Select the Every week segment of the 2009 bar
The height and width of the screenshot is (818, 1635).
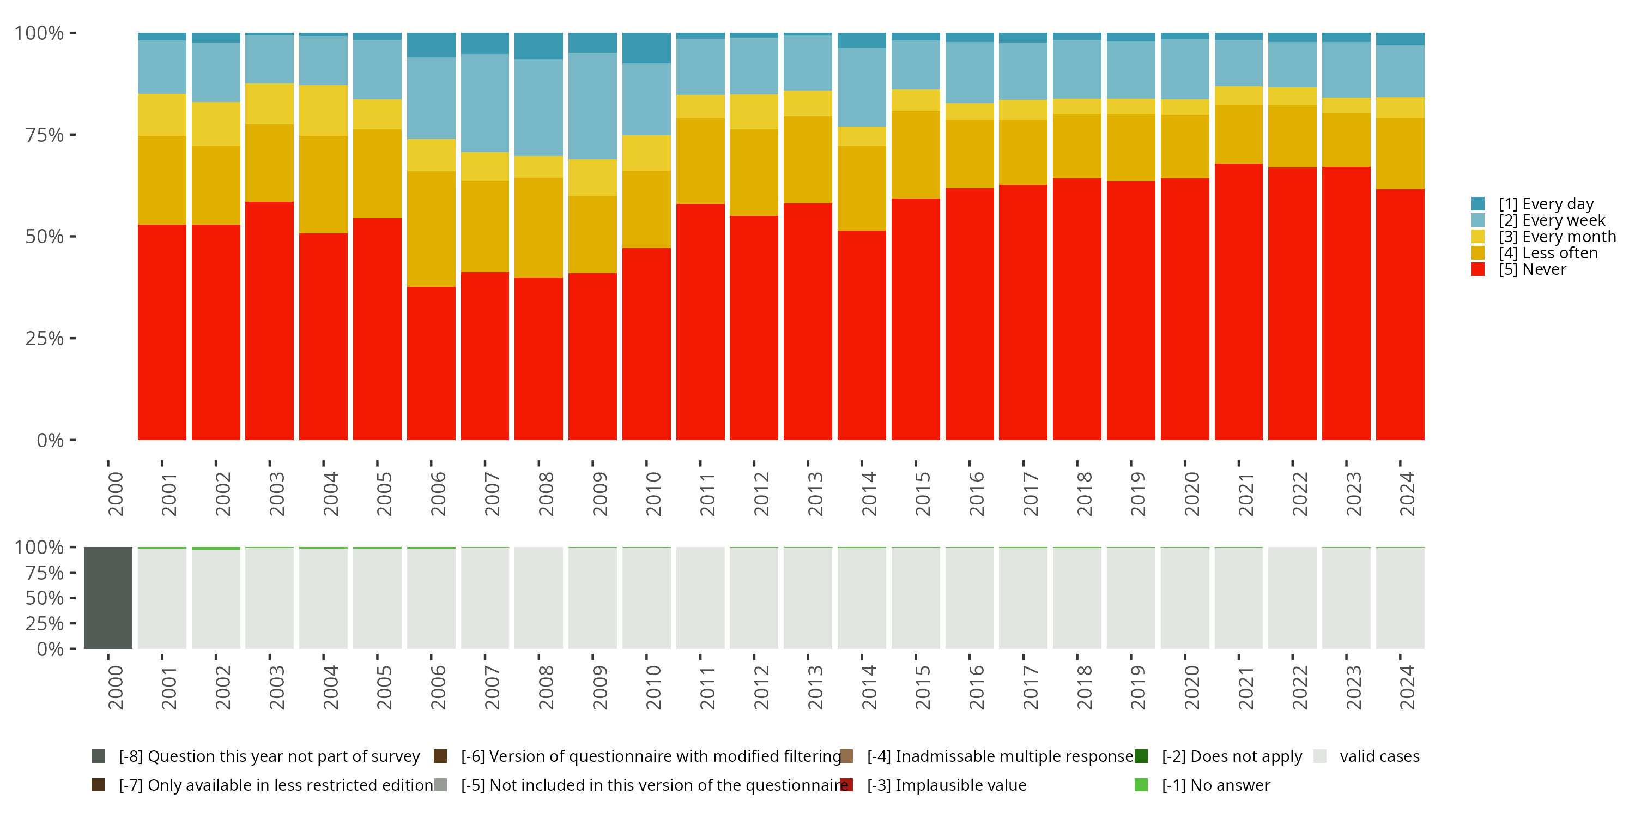592,106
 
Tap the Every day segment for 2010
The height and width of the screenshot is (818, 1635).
646,47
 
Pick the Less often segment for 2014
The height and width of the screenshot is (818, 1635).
861,188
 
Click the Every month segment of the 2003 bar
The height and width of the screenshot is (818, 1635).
269,104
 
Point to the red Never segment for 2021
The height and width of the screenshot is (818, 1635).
1238,302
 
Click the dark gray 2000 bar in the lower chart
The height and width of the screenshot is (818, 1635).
108,598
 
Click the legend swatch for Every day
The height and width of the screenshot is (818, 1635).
1477,204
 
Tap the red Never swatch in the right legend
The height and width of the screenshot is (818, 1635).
1477,269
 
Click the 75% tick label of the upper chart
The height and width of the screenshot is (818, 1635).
45,135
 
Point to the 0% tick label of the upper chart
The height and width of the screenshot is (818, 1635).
50,440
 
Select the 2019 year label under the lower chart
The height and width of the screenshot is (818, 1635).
1138,687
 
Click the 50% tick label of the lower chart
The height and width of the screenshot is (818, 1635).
45,598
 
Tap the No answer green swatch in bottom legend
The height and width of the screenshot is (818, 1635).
1141,785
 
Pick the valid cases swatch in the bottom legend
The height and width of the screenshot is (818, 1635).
1319,756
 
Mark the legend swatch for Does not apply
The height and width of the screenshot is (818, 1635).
1141,756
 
